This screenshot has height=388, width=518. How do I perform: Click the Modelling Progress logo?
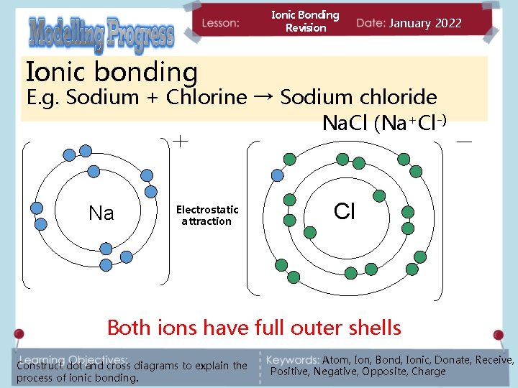coord(101,34)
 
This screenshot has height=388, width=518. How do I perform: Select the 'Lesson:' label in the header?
coord(221,23)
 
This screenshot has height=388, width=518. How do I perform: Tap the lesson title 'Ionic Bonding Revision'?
coord(305,22)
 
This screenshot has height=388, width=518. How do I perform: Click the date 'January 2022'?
coord(425,23)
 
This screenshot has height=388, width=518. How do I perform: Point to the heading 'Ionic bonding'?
coord(112,72)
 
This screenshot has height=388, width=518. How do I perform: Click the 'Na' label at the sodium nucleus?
coord(101,213)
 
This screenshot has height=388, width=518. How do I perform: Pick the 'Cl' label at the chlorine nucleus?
coord(345,211)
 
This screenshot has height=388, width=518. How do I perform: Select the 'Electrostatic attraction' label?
coord(207,216)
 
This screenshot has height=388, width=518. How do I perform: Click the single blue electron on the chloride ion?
coord(277,175)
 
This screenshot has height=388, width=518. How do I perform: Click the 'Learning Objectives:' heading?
coord(74,358)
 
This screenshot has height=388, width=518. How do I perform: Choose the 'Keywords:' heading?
coord(293,359)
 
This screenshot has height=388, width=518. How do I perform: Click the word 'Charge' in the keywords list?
coord(428,371)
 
